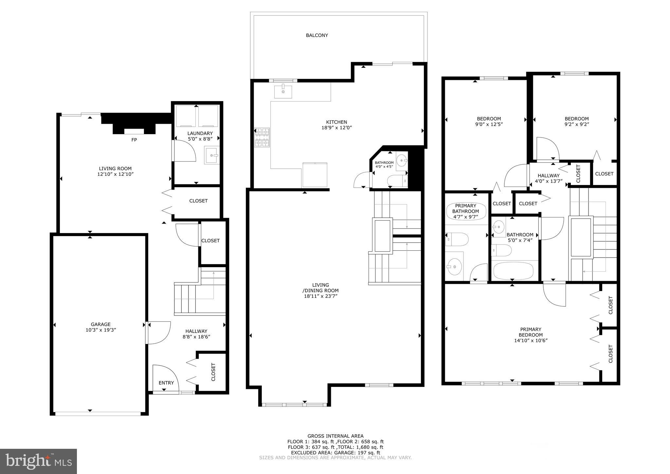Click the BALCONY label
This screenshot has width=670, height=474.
click(x=317, y=35)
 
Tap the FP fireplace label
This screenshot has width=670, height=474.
click(x=134, y=140)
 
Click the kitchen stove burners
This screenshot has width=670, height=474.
click(x=262, y=137)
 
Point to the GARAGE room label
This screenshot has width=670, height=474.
click(x=100, y=324)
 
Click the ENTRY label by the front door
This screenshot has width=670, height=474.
click(x=166, y=383)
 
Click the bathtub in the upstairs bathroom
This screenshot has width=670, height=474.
click(x=513, y=271)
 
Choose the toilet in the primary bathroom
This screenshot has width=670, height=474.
click(x=457, y=239)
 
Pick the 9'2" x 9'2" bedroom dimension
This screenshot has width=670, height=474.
click(x=576, y=124)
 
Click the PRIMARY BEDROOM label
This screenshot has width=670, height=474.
click(x=531, y=332)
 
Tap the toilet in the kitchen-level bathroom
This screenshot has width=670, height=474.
click(x=397, y=181)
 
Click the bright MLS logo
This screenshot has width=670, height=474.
click(x=38, y=461)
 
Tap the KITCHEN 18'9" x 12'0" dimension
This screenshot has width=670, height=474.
click(x=336, y=128)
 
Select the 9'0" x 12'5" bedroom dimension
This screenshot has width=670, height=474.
click(x=489, y=124)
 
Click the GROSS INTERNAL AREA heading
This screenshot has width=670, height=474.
click(x=335, y=436)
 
